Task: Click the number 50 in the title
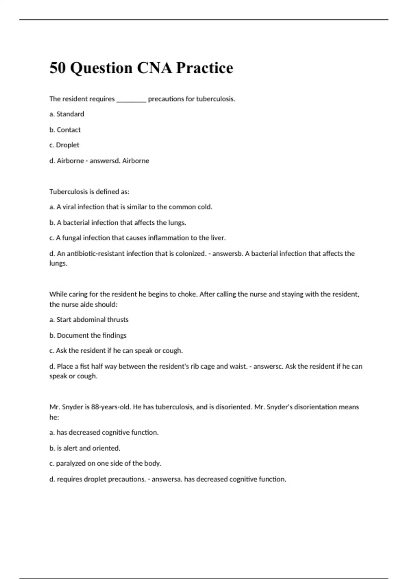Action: point(57,68)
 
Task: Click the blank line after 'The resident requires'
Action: point(131,99)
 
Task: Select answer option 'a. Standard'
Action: point(67,114)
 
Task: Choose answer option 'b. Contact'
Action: point(65,130)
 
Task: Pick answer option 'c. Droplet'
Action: point(64,145)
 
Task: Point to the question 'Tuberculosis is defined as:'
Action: point(89,192)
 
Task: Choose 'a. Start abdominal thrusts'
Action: point(89,320)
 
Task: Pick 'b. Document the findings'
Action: point(88,335)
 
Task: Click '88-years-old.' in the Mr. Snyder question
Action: point(111,407)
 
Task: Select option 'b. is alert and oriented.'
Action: point(85,448)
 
